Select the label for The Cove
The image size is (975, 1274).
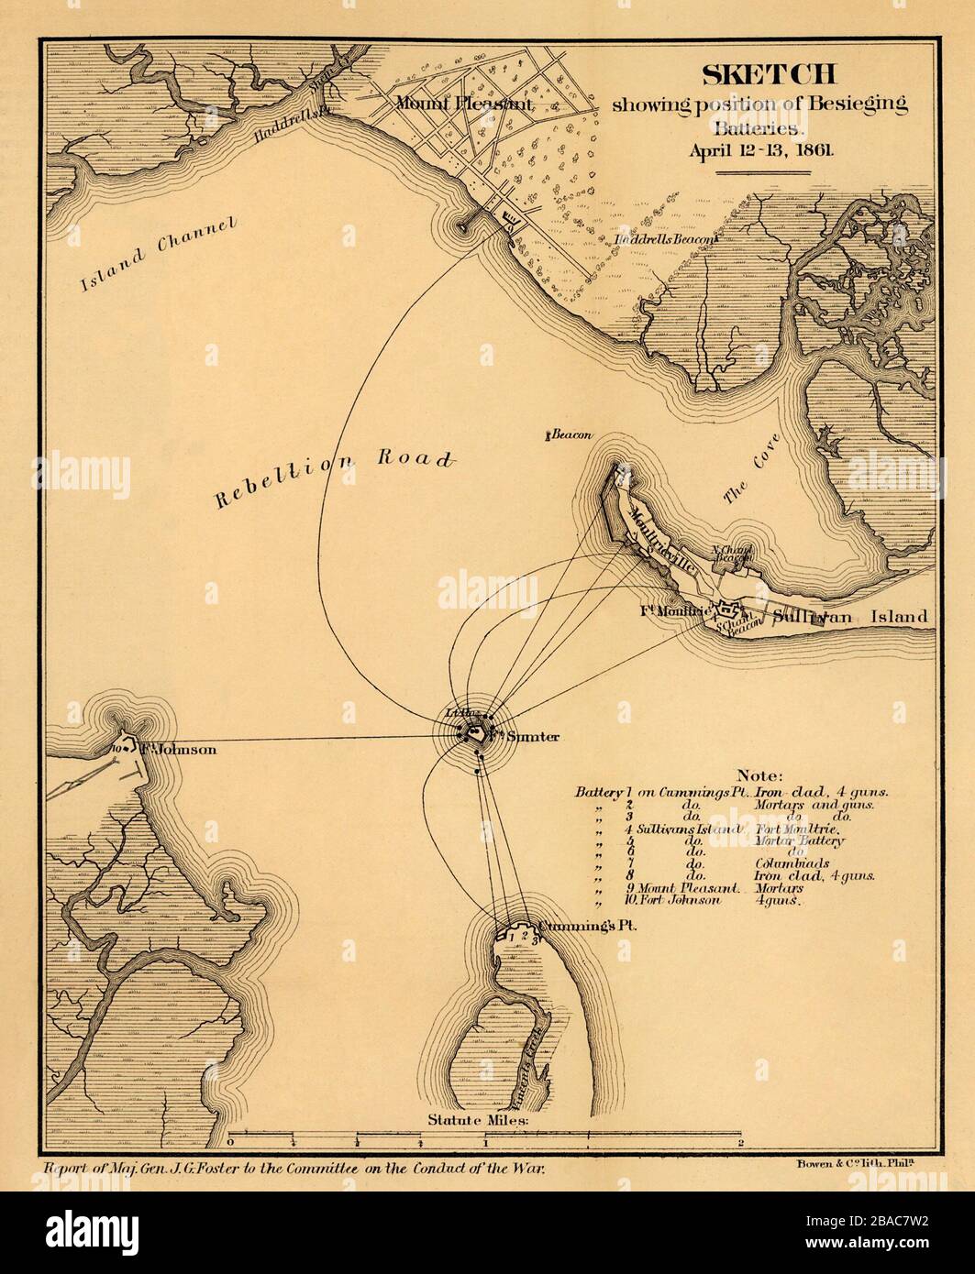pyautogui.click(x=747, y=478)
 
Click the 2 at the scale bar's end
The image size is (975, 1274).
pyautogui.click(x=740, y=1143)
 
